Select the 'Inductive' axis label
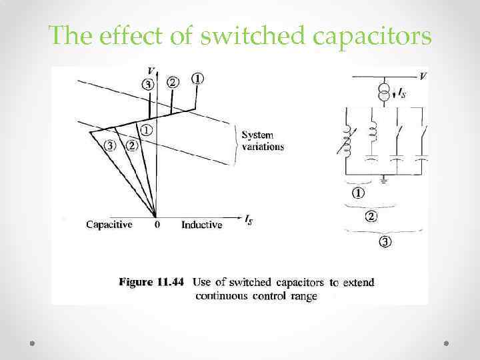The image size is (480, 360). pos(201,225)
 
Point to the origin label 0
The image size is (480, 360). pos(157,225)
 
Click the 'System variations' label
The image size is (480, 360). pos(263,141)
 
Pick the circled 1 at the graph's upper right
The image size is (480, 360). pos(198,79)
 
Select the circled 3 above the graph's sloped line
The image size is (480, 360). pos(148,85)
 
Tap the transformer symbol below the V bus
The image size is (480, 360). pos(384,94)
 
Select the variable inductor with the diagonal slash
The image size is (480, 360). pos(347,137)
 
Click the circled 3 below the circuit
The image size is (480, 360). pos(385,241)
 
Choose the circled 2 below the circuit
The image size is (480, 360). pos(370,217)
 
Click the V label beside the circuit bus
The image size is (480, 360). pos(423,77)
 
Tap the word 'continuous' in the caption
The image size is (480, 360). pos(222,296)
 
